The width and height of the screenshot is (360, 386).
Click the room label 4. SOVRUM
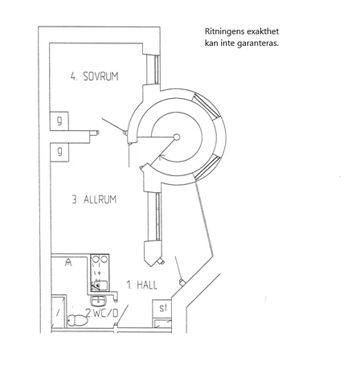point(94,76)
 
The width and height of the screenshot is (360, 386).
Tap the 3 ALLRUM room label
point(94,199)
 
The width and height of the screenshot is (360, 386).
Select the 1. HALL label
point(142,285)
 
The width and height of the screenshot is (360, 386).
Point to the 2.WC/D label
point(102,313)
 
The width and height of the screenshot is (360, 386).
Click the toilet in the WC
point(76,320)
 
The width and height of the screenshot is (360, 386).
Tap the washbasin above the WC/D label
point(99,301)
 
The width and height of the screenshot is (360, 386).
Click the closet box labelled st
point(162,308)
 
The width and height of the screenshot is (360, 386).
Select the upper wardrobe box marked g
point(59,121)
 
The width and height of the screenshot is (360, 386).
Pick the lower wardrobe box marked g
point(59,152)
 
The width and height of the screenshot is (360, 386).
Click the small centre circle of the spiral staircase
point(177,138)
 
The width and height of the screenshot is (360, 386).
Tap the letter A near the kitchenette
point(68,262)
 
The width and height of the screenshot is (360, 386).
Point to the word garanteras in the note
point(258,43)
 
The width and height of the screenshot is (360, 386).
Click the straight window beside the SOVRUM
point(157,69)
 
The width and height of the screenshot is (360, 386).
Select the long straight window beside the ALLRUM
point(158,216)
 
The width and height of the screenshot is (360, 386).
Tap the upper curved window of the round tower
point(207,106)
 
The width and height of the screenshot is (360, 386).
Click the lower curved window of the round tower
point(207,167)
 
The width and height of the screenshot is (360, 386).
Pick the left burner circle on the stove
point(96,259)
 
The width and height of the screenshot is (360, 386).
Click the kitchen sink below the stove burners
point(100,285)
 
